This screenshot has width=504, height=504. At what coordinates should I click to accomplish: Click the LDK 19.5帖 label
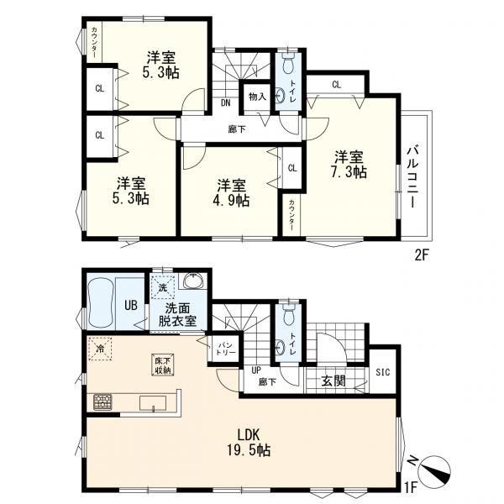(249, 443)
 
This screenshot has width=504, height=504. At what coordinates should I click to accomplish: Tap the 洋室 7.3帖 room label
(349, 165)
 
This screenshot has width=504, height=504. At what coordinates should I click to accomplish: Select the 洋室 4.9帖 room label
(231, 192)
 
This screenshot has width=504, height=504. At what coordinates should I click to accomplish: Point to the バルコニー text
(413, 176)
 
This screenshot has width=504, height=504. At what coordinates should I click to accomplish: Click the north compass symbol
(434, 470)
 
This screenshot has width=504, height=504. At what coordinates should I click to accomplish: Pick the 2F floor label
(422, 255)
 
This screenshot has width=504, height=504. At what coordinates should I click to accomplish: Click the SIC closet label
(383, 372)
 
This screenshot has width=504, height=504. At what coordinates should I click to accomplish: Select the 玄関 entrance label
(333, 381)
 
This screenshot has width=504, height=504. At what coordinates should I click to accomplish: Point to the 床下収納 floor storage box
(163, 365)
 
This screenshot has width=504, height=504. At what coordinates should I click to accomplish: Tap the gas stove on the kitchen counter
(102, 402)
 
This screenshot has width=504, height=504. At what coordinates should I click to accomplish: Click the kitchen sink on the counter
(153, 403)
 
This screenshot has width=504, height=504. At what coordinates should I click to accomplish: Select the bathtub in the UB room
(101, 302)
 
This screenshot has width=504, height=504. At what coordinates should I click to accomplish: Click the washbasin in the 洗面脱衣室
(194, 281)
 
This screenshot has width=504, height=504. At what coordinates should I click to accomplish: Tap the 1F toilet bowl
(288, 316)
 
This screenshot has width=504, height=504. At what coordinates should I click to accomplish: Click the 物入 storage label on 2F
(258, 96)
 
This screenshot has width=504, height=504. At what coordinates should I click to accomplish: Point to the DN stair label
(226, 102)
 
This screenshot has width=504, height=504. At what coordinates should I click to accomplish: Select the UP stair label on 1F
(256, 370)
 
